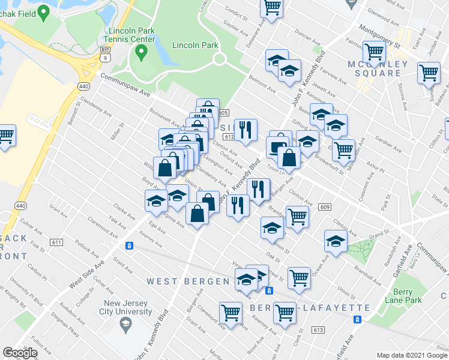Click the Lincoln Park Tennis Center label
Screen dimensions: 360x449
[x=130, y=34]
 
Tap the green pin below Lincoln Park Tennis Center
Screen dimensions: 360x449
[x=142, y=53]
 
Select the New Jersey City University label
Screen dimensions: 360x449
[x=127, y=307]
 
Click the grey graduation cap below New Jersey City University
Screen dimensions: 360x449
[x=125, y=326]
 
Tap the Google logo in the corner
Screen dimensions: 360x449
[x=20, y=353]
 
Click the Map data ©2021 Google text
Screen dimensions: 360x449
[x=412, y=355]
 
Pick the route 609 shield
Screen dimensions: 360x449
[x=325, y=207]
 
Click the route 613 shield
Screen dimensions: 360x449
[x=318, y=329]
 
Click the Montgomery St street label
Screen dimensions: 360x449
[x=378, y=35]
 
